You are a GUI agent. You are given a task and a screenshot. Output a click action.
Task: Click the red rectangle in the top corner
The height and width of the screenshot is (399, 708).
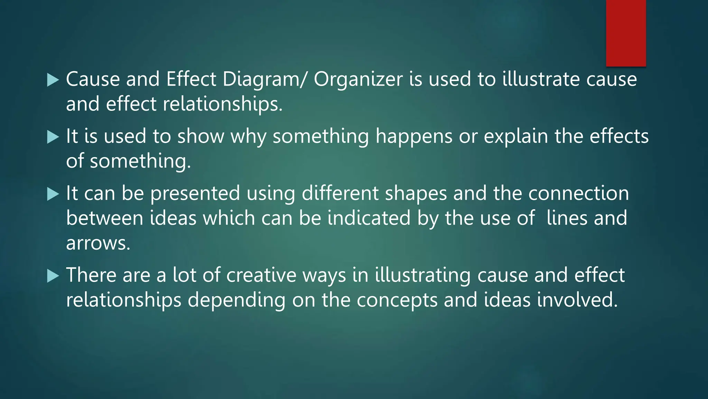(626, 33)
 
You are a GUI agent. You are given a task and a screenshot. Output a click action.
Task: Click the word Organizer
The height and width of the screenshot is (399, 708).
(358, 79)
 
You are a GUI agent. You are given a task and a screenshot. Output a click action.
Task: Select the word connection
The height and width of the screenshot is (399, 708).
(578, 193)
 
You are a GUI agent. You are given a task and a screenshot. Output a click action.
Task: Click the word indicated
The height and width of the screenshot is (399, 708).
(369, 218)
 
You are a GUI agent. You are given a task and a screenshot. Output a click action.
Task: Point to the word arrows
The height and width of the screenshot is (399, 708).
(98, 244)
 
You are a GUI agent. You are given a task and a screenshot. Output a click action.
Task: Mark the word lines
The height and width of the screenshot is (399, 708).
(567, 218)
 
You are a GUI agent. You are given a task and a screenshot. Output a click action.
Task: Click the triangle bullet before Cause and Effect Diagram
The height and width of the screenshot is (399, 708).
(53, 80)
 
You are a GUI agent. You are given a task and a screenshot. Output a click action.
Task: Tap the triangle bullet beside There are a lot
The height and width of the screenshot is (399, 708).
(53, 276)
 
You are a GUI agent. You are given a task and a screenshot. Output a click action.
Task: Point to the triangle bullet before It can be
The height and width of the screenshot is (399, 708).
(53, 194)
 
